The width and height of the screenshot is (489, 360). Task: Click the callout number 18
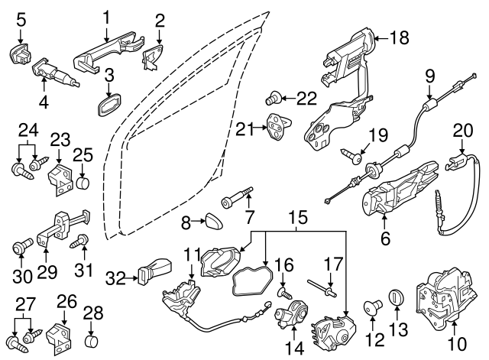[x=400, y=37]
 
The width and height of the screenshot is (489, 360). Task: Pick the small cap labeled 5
[x=19, y=55]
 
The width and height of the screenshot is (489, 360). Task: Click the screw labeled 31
[x=77, y=245]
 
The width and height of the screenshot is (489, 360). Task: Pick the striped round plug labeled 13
[x=396, y=297]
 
